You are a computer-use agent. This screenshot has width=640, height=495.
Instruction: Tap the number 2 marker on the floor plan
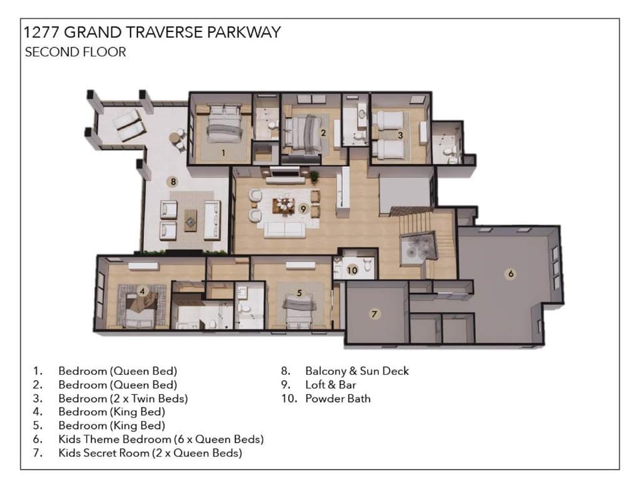coord(323,132)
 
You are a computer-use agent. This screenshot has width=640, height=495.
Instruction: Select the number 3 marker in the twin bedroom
coord(400,135)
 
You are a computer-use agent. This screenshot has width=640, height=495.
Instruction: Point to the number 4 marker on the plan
coord(142,290)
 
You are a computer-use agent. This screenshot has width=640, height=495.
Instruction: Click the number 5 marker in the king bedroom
coord(299,292)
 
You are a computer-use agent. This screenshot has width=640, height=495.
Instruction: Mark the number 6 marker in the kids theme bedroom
coord(511,273)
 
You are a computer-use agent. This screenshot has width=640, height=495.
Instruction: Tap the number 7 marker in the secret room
coord(375,314)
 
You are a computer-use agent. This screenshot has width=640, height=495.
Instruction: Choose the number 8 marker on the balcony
coord(172,181)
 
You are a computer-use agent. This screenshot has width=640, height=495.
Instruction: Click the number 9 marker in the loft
coord(303,209)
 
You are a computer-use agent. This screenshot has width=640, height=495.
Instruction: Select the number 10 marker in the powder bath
coord(352,270)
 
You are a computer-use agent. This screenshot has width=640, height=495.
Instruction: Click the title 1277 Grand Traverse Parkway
coord(152,33)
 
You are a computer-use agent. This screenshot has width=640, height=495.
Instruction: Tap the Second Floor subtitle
coord(75,52)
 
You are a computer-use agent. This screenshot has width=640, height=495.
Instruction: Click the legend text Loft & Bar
coord(331,385)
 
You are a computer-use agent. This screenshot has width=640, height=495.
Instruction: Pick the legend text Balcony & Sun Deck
coord(357,371)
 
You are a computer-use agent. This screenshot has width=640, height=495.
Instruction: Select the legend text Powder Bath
coord(337,399)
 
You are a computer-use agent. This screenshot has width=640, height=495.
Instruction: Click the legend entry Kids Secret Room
coord(150,453)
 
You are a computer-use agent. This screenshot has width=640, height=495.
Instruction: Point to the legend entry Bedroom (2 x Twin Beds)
coord(123,399)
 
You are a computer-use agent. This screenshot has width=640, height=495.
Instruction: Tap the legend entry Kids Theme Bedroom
coord(161,439)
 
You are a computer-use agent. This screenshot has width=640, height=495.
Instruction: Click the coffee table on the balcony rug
coord(191,219)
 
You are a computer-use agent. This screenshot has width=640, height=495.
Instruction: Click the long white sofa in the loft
coord(285,230)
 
